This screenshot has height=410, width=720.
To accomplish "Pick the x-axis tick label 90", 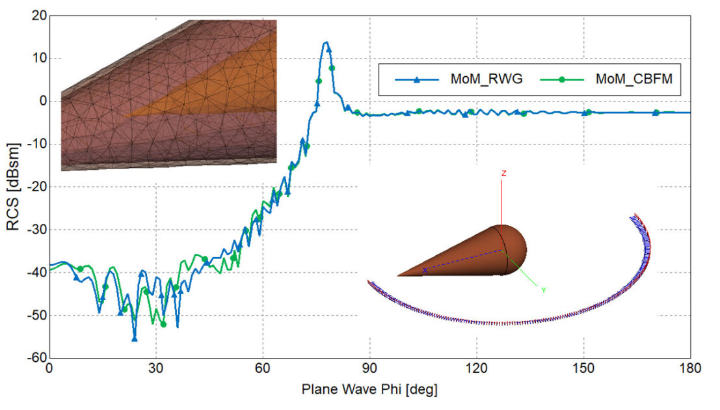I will [x=369, y=369].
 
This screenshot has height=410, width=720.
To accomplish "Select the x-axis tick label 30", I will [x=155, y=369].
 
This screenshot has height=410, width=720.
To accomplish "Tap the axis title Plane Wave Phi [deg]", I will [x=369, y=390].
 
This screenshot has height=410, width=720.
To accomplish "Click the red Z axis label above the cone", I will [x=503, y=173].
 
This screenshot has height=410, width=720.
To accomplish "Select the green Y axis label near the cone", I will [x=544, y=290].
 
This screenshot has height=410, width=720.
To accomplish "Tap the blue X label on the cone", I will [x=425, y=269].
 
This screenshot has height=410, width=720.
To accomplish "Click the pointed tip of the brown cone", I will [x=398, y=275].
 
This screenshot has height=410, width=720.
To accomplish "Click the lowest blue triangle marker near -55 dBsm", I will [x=134, y=338].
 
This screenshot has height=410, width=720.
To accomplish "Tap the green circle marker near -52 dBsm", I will [x=163, y=324].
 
